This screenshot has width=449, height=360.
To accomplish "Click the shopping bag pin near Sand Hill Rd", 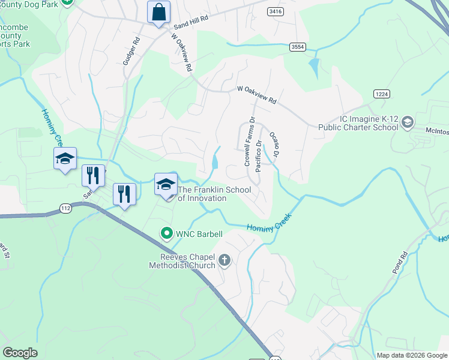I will pyautogui.click(x=158, y=12).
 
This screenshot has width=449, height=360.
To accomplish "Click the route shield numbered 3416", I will pyautogui.click(x=276, y=11).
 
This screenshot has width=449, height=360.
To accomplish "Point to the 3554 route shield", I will pyautogui.click(x=296, y=46).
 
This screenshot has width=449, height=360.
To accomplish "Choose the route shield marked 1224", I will pyautogui.click(x=381, y=94).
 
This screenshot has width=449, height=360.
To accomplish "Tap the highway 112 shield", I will pyautogui.click(x=66, y=208).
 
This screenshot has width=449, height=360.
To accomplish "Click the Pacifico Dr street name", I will pyautogui.click(x=259, y=156).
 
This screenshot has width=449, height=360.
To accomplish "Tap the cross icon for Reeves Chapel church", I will pyautogui.click(x=225, y=260).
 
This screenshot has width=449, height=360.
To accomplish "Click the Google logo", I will pyautogui.click(x=20, y=353).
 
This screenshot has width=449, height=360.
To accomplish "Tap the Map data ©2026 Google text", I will pyautogui.click(x=412, y=355).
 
